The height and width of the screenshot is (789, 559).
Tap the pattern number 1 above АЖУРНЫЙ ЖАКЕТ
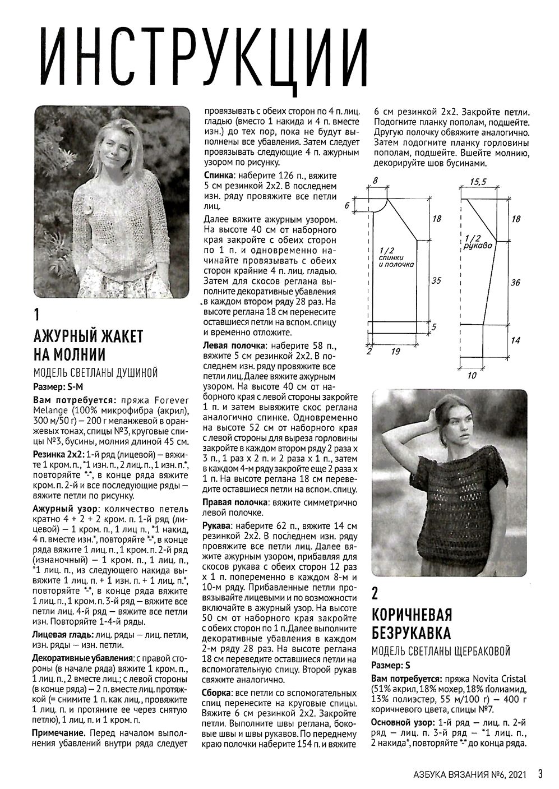click(36, 314)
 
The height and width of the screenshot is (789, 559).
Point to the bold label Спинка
click(216, 176)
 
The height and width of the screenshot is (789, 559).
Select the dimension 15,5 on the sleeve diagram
click(478, 182)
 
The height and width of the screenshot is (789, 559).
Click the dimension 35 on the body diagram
click(436, 282)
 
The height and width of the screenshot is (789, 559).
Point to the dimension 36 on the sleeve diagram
click(515, 283)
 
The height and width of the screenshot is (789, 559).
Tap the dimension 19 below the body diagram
click(395, 352)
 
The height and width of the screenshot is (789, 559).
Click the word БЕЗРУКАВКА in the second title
click(412, 633)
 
